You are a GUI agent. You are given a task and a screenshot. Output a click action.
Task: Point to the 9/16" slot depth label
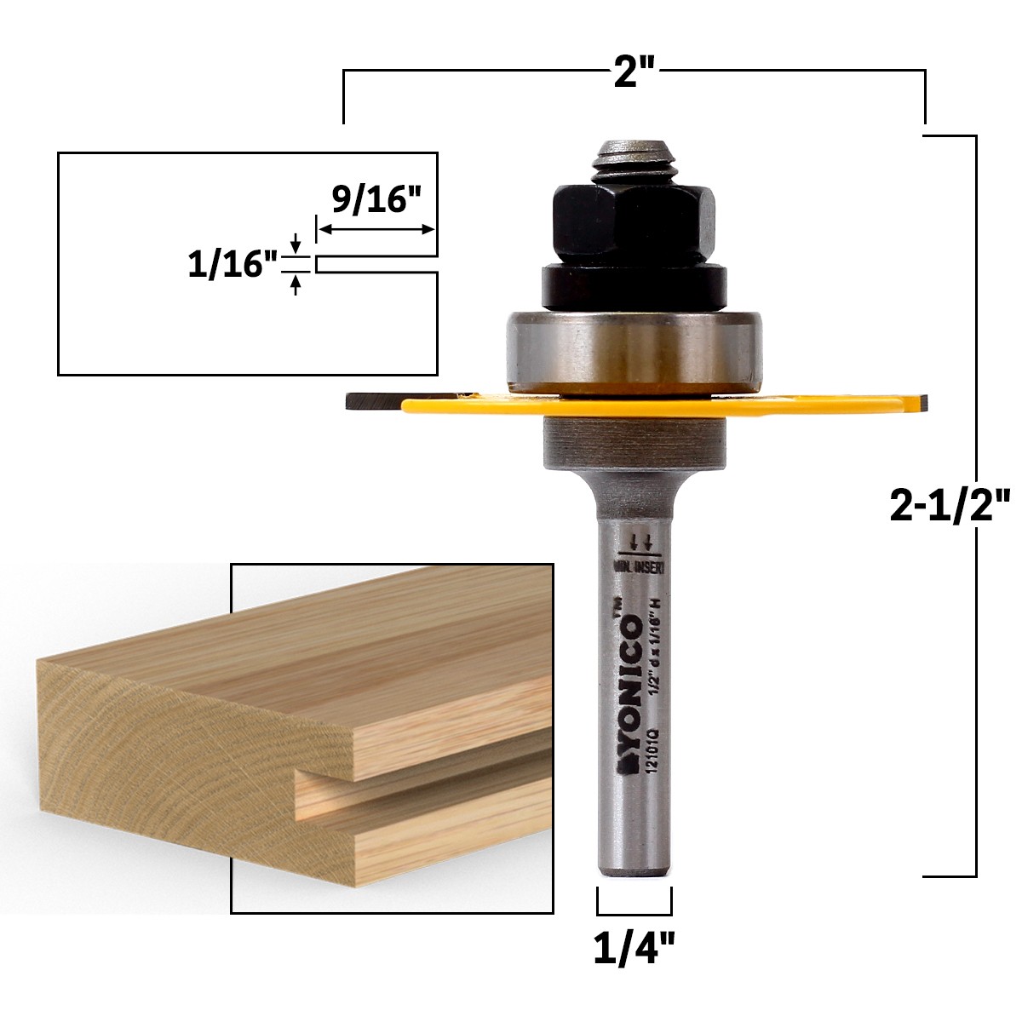click(376, 202)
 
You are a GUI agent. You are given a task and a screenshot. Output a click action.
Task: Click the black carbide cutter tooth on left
click(370, 400)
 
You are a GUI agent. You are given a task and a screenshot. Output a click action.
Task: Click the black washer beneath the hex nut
click(634, 285)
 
